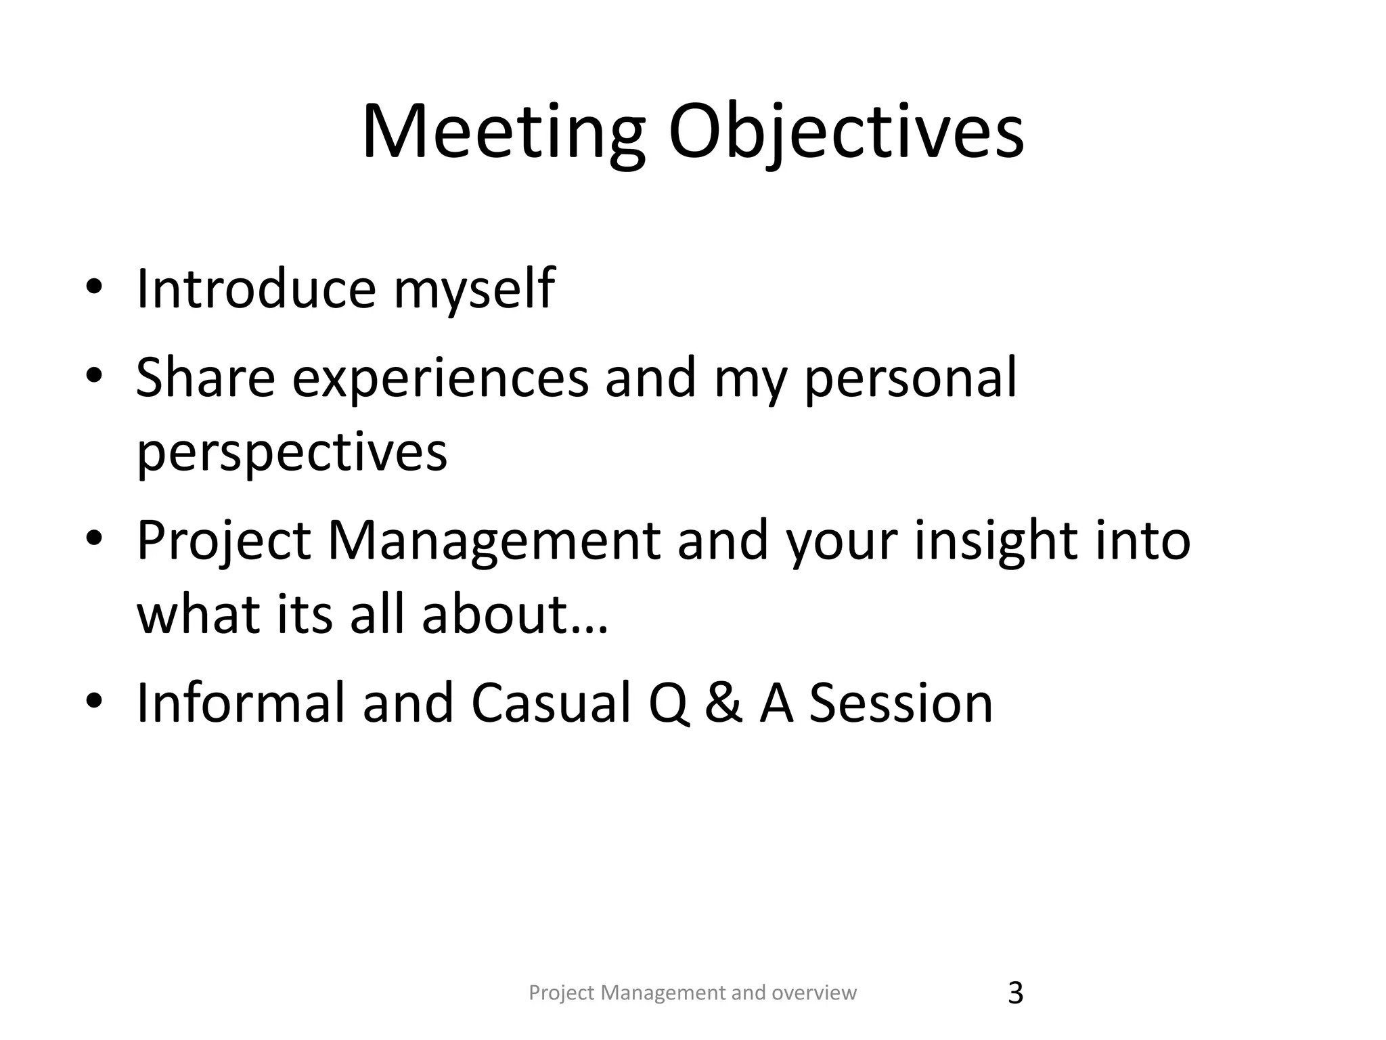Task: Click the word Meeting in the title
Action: click(x=503, y=131)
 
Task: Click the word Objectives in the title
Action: click(x=846, y=131)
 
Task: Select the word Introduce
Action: click(x=256, y=289)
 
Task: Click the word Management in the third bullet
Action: click(x=494, y=542)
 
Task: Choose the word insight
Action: click(x=995, y=542)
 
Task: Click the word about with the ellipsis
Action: click(x=514, y=615)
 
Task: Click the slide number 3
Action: click(x=1015, y=993)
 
